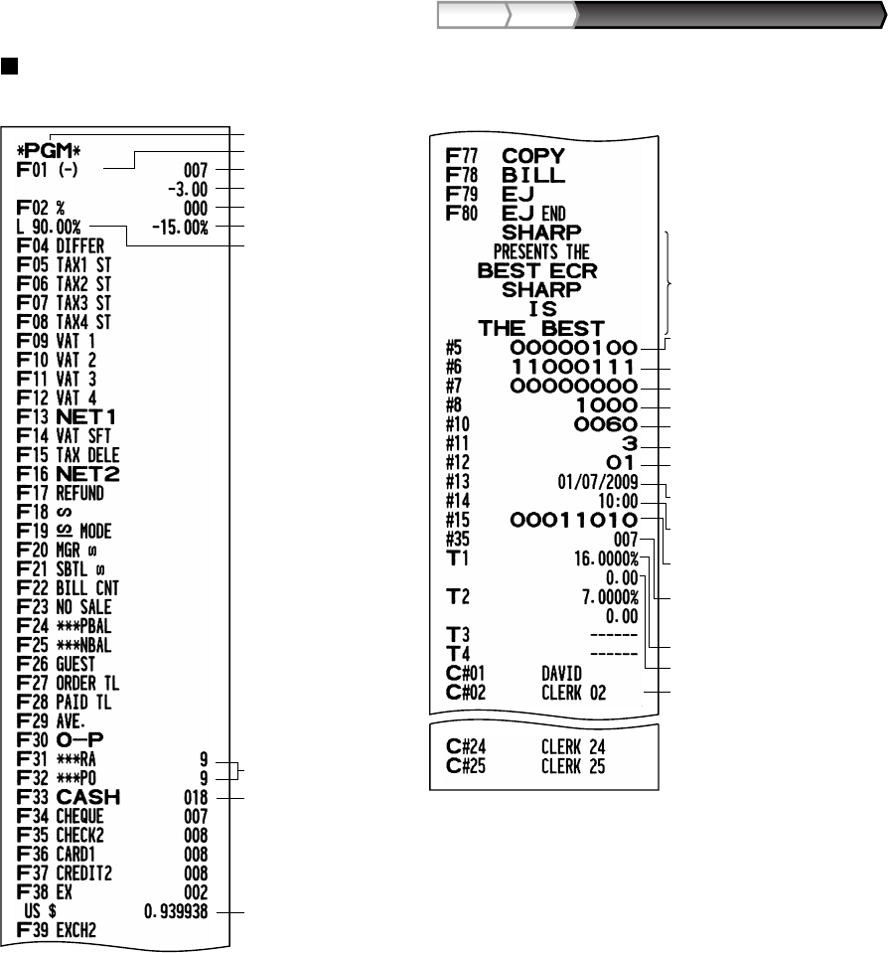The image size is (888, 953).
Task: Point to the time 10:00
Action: (620, 502)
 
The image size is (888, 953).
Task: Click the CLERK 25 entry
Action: (575, 766)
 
